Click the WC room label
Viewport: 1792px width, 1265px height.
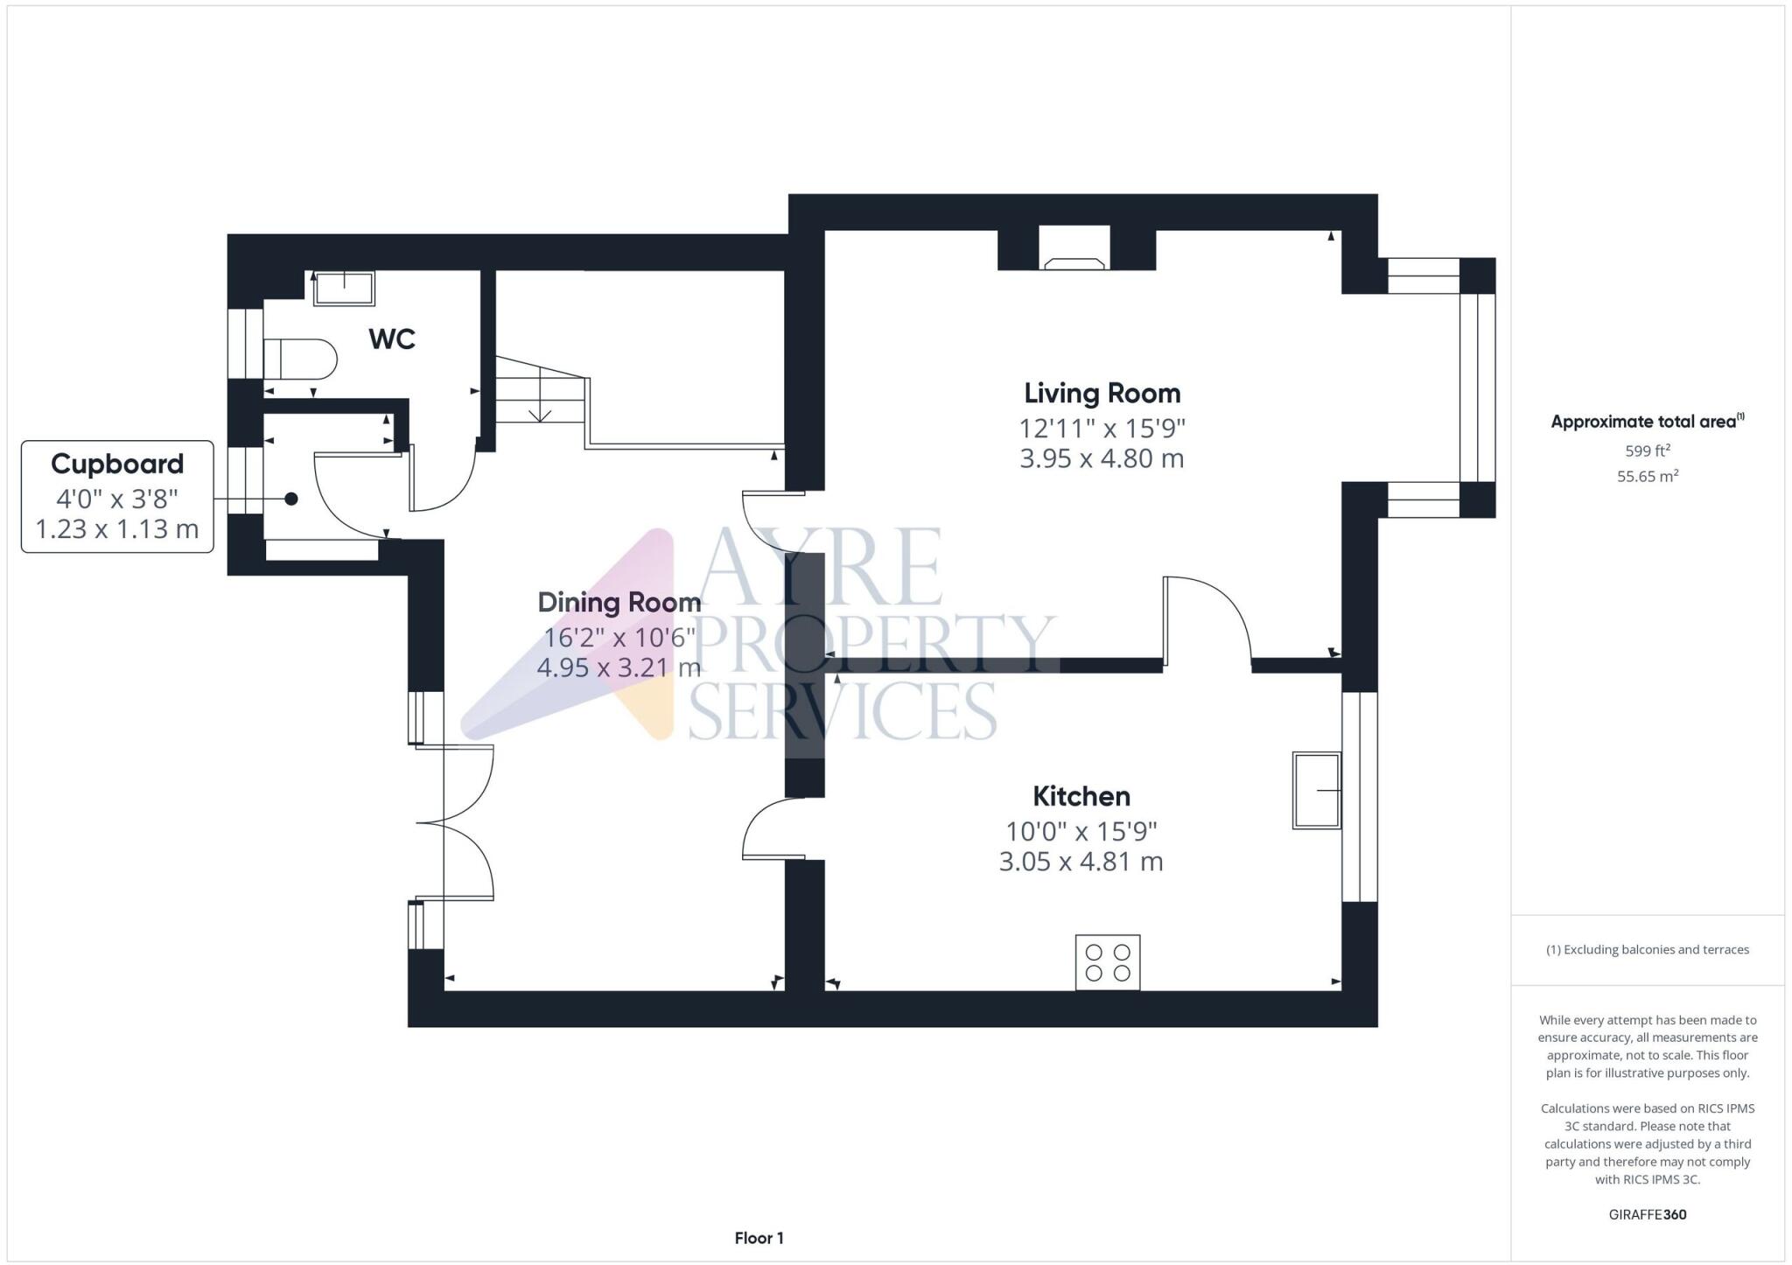point(392,339)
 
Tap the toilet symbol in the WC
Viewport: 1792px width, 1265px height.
point(300,359)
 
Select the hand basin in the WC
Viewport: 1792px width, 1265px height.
point(344,289)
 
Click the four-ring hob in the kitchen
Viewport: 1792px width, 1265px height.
point(1108,962)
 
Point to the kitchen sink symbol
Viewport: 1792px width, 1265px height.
point(1317,790)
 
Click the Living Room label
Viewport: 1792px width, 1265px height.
point(1102,393)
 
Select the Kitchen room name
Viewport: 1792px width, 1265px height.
point(1081,796)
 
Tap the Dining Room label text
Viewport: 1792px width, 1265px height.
point(619,603)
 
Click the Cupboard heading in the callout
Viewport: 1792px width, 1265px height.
point(117,464)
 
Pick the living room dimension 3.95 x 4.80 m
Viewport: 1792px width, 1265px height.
point(1102,458)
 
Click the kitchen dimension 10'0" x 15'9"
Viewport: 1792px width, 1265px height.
point(1081,830)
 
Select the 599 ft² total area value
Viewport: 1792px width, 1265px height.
point(1648,451)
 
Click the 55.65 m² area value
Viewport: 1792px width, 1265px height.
point(1648,477)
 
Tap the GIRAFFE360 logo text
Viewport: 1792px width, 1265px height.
point(1648,1214)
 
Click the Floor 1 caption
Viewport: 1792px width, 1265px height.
point(759,1238)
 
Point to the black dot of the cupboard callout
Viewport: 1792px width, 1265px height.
point(291,499)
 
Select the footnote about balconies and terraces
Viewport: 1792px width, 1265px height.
point(1648,949)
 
